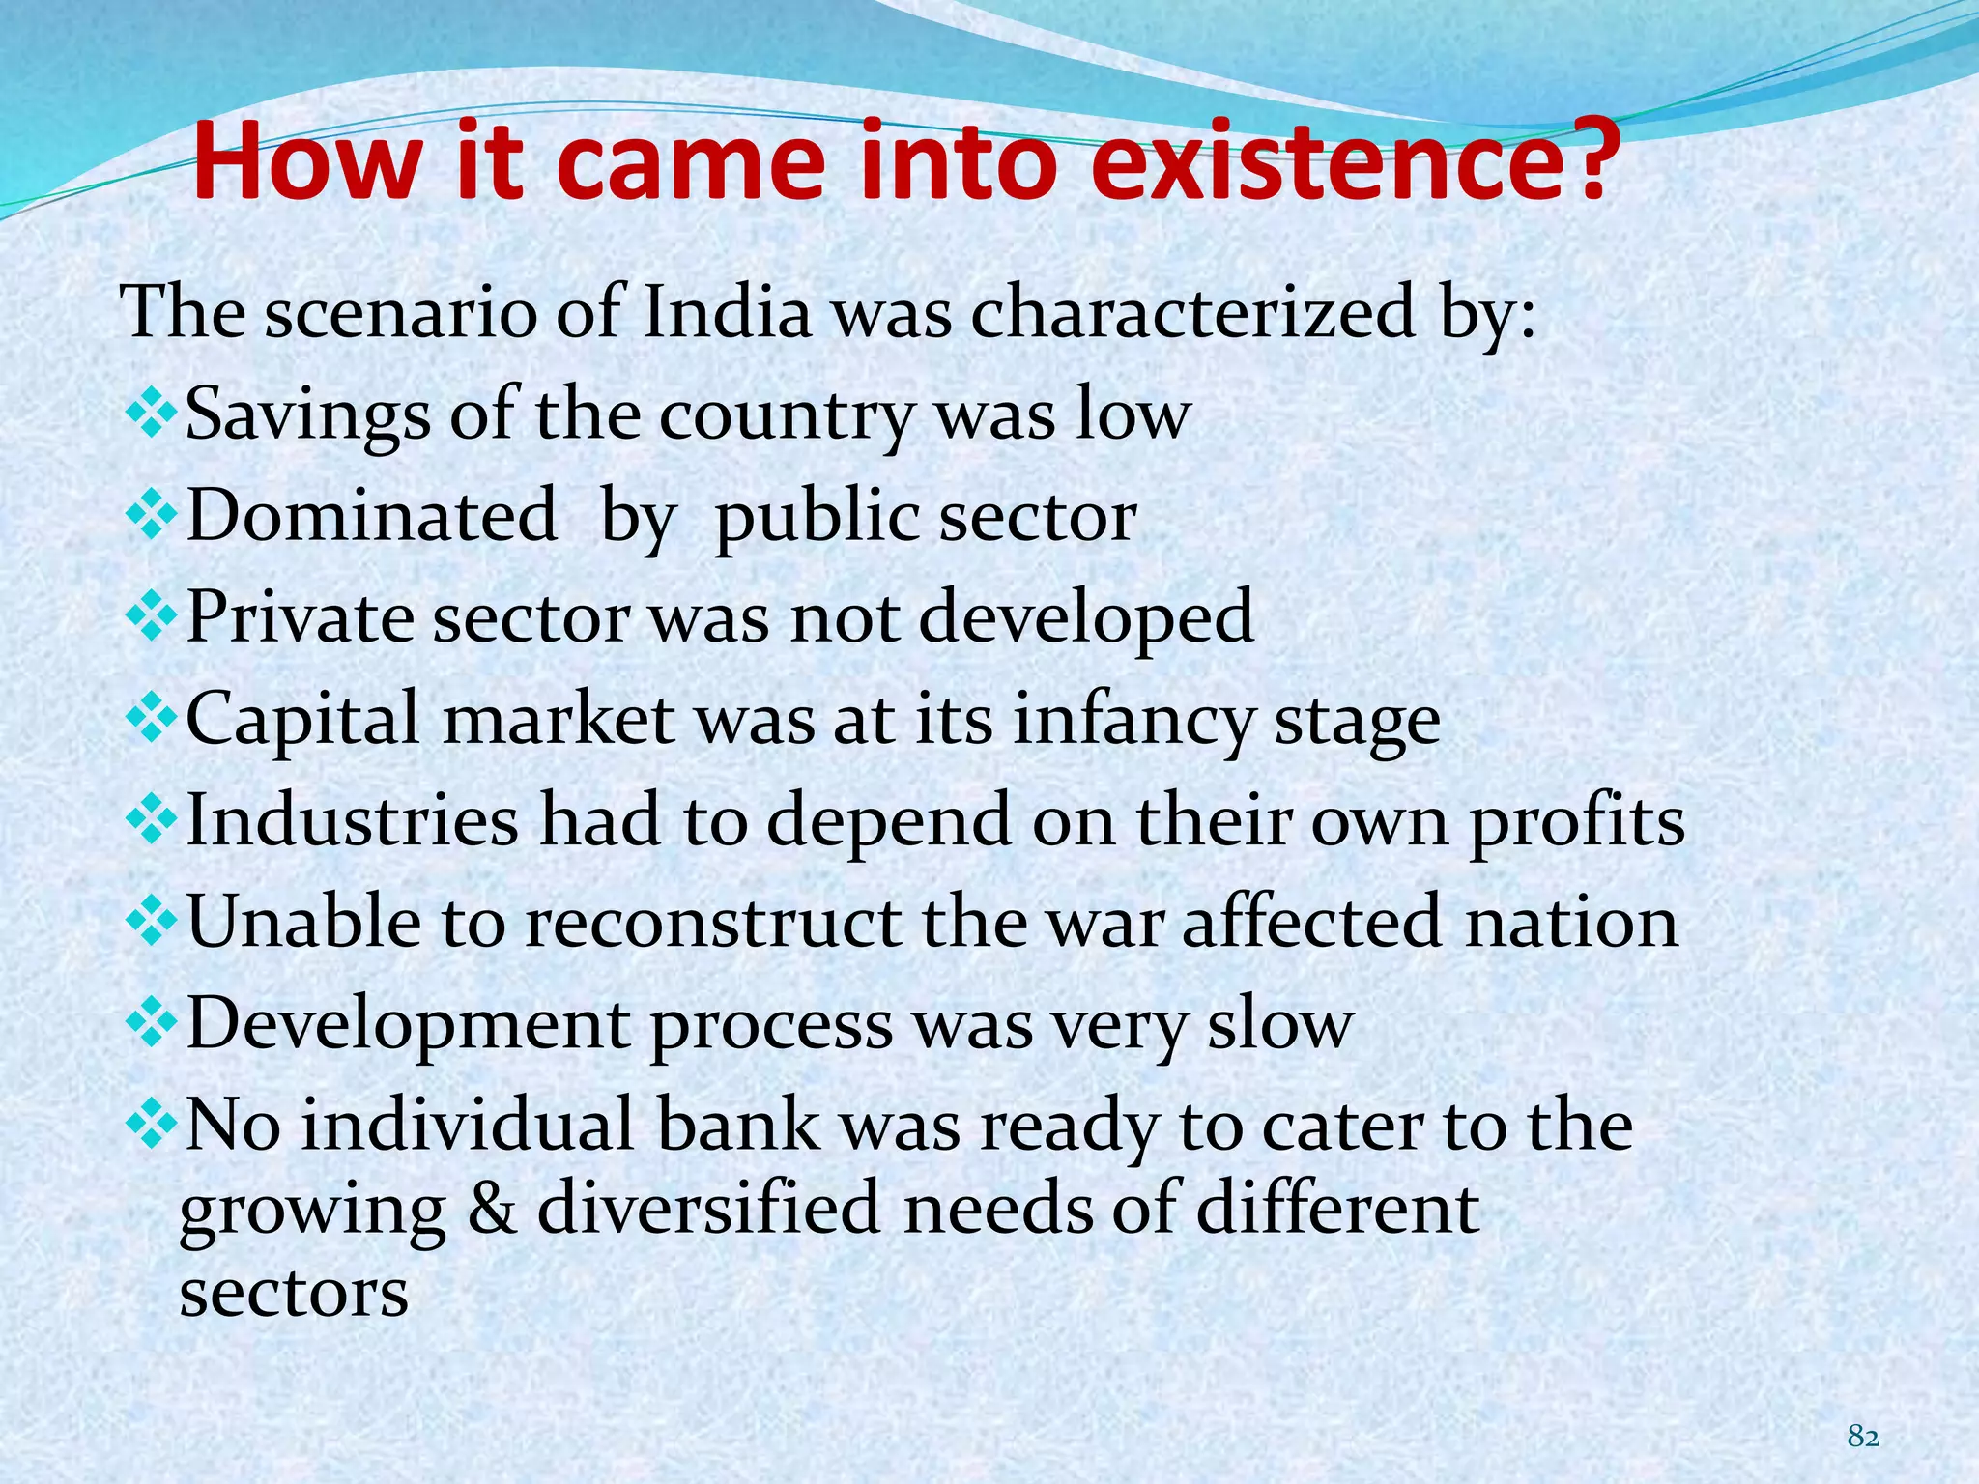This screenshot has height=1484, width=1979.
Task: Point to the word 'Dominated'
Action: click(x=371, y=515)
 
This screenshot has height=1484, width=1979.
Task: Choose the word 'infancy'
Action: click(x=1133, y=721)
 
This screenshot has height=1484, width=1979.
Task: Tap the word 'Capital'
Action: click(x=302, y=721)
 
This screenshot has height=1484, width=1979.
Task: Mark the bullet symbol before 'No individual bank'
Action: click(x=152, y=1127)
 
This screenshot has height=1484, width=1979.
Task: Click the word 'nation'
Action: click(x=1571, y=922)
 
